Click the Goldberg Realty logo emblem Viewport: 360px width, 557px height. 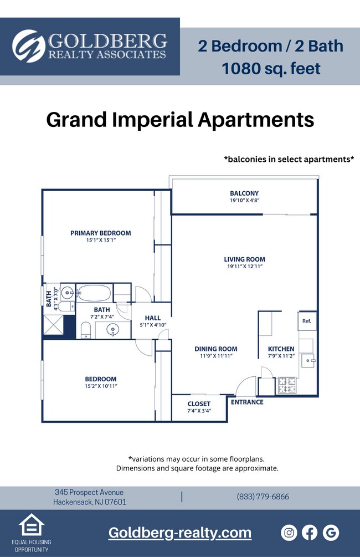coord(29,46)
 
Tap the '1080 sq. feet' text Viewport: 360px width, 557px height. coord(271,69)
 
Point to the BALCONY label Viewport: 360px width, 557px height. coord(244,193)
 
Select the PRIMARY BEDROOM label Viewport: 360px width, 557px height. coord(100,233)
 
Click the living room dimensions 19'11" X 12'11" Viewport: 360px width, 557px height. coord(244,267)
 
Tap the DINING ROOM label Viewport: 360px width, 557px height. coord(215,349)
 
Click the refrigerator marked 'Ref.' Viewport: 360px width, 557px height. coord(307,321)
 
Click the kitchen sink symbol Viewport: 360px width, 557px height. coord(307,361)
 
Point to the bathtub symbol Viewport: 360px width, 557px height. coord(94,292)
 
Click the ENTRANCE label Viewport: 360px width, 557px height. coord(247,402)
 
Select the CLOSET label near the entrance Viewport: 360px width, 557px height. coord(199,404)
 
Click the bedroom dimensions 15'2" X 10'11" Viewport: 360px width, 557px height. coord(100,386)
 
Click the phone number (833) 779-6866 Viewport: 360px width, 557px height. coord(263,497)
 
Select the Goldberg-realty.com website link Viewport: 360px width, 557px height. coord(179,533)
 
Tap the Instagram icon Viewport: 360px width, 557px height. coord(289,533)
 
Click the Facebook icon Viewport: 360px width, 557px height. coord(310,533)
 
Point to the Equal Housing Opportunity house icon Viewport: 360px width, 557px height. coord(31,525)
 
